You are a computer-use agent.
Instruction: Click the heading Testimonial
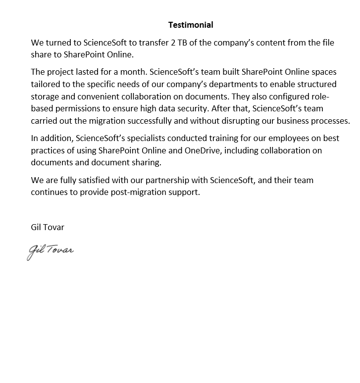pos(191,25)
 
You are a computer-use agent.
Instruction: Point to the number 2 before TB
pos(173,43)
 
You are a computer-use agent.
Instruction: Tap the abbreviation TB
pos(183,43)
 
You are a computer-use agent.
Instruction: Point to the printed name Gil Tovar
pos(48,227)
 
